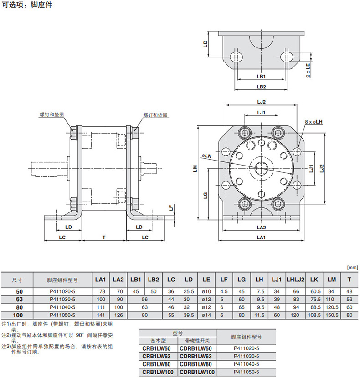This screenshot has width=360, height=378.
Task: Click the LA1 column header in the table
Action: coord(101,280)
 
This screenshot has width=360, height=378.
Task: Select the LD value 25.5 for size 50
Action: coord(189,291)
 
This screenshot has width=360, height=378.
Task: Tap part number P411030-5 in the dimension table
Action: coord(62,300)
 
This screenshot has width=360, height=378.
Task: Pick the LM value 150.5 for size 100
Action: coord(332,315)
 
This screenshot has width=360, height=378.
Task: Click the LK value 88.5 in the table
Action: coord(314,307)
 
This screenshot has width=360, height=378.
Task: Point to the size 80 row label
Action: coord(19,307)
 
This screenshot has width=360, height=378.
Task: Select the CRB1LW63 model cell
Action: coord(156,356)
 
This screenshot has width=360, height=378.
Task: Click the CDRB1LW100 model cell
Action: coord(197,372)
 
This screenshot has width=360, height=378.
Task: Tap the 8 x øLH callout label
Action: coord(314,122)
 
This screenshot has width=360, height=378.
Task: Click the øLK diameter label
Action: coord(206,156)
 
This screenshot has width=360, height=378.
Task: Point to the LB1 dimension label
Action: coord(261,77)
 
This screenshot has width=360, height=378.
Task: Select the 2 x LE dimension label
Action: coord(308,70)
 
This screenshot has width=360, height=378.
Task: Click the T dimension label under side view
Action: coord(104,238)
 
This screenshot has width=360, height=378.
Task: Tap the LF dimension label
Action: coord(171,208)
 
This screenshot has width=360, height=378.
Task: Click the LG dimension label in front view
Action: coord(206,195)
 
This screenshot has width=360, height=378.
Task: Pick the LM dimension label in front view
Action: coord(195,168)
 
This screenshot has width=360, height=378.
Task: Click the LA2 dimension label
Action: coord(261,228)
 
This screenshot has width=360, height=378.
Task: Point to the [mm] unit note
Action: coord(352,268)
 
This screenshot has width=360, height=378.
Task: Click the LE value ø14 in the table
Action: coord(206,315)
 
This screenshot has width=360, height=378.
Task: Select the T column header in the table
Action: coord(349,280)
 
